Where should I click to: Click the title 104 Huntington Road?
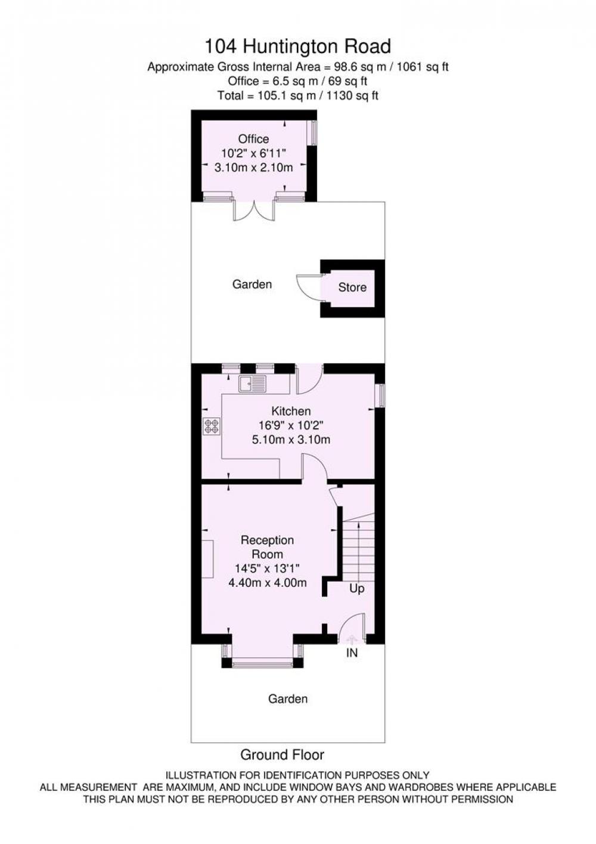(297, 47)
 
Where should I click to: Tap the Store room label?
(352, 287)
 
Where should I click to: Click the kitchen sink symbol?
(252, 384)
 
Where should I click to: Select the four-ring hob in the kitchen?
(212, 426)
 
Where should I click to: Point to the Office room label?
(253, 139)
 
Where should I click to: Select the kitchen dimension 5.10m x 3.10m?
(291, 440)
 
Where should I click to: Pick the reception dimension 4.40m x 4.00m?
(268, 583)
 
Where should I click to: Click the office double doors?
(254, 211)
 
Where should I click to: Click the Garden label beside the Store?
(252, 284)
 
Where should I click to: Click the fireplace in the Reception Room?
(207, 559)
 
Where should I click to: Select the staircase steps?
(358, 547)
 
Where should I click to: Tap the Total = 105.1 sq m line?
(297, 95)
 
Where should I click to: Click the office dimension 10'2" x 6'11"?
(253, 153)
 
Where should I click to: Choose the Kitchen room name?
(291, 411)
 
